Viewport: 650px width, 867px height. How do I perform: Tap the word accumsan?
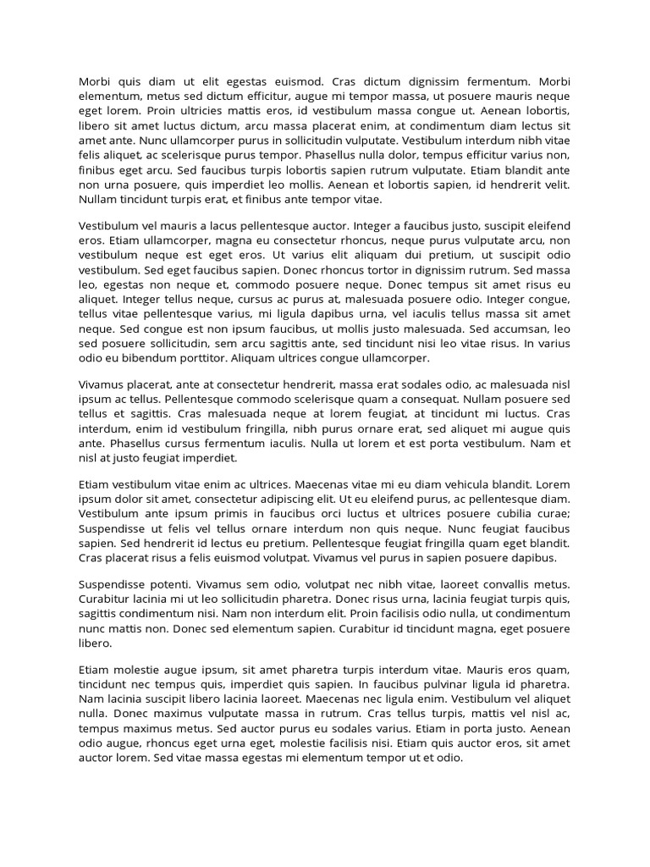(517, 329)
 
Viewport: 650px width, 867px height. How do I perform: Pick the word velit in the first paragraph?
(556, 185)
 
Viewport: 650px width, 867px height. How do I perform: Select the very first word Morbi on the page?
(95, 82)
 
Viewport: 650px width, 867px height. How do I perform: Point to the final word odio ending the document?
(449, 758)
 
